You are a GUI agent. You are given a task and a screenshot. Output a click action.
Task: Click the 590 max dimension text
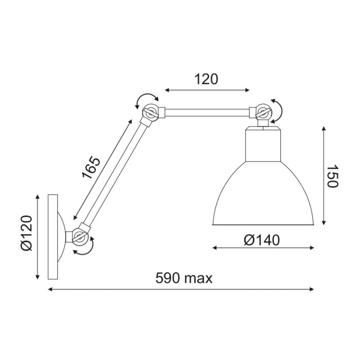point(184,278)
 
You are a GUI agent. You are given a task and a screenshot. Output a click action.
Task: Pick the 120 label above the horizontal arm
point(206,79)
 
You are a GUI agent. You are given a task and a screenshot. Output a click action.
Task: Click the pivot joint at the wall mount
point(80,236)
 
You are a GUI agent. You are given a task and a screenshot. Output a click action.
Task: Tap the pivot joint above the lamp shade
point(262,112)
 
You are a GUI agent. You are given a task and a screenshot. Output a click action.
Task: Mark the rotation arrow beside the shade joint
point(278,111)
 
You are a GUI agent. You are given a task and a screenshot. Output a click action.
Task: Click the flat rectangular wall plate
point(53,237)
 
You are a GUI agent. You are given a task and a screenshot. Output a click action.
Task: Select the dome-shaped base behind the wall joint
point(63,237)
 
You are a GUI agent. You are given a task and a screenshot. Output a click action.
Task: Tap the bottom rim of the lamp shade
point(263,225)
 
